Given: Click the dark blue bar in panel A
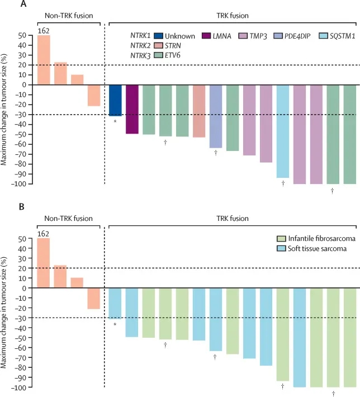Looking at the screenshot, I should pyautogui.click(x=115, y=100).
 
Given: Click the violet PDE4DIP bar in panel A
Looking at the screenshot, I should pyautogui.click(x=216, y=116).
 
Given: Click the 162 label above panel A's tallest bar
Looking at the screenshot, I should pyautogui.click(x=44, y=31).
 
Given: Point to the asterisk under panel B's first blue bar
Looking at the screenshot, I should pyautogui.click(x=115, y=324).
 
